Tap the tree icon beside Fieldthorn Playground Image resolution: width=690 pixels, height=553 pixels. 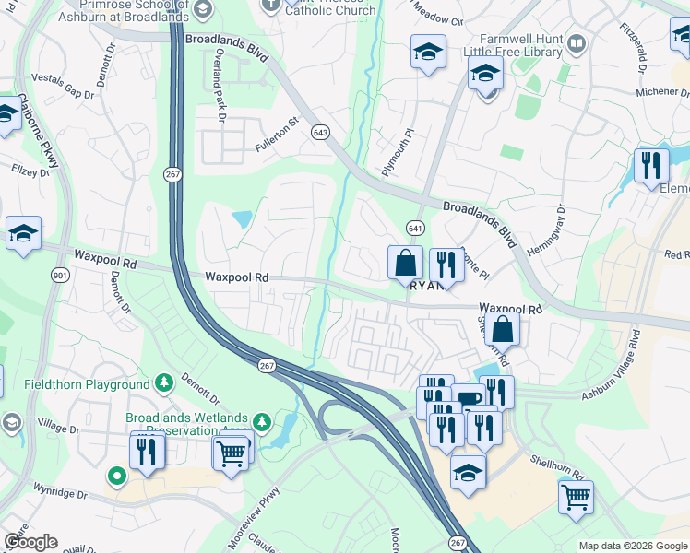[x=163, y=382]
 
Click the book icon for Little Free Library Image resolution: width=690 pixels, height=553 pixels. [x=577, y=43]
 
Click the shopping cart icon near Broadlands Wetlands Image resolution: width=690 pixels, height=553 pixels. [x=232, y=452]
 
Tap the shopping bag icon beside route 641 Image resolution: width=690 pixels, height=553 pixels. [x=405, y=263]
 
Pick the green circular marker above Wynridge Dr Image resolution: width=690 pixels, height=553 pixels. [x=116, y=477]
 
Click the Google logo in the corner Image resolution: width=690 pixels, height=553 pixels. [x=30, y=542]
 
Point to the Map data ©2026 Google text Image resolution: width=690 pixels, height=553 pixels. [x=632, y=546]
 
